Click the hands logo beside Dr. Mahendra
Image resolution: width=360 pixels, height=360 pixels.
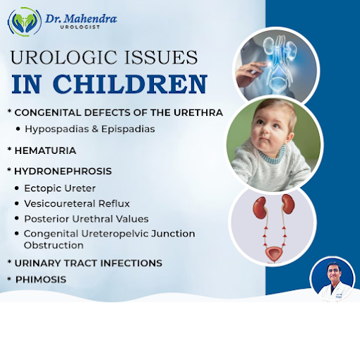tap(25, 21)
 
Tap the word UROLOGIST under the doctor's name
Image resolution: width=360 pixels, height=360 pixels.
tap(80, 27)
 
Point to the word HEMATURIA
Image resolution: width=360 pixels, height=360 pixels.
tap(45, 150)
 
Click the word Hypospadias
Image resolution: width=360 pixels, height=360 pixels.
tap(57, 129)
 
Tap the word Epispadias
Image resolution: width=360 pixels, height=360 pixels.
tap(128, 129)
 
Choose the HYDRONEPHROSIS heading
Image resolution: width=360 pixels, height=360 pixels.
tap(63, 171)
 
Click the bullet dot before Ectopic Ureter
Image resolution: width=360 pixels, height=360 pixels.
tap(17, 188)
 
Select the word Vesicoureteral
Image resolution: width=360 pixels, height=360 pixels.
tap(60, 203)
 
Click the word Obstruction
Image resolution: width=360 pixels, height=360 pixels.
tap(54, 245)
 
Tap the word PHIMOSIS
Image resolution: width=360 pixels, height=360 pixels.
tap(41, 280)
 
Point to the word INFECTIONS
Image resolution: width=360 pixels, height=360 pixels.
tap(131, 263)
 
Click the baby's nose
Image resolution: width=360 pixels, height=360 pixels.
tap(265, 129)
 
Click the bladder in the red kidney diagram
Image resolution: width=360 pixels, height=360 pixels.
tap(274, 253)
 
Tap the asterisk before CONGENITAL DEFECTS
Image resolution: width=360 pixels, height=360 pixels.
tap(9, 111)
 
